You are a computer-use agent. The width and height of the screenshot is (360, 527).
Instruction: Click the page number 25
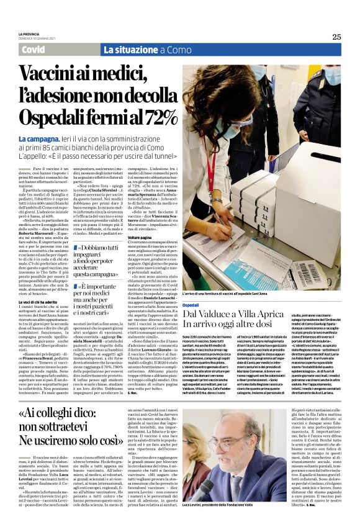(336, 37)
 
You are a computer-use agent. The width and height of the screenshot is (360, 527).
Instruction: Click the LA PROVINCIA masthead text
(29, 33)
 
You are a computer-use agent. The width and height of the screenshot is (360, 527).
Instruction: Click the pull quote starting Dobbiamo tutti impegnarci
(94, 261)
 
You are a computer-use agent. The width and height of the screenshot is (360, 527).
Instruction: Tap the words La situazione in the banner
(132, 50)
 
